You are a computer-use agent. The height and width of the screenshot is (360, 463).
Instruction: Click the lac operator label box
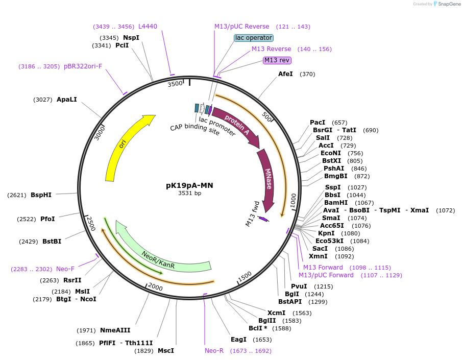point(254,38)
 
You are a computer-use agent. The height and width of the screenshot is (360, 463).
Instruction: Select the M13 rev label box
point(277,60)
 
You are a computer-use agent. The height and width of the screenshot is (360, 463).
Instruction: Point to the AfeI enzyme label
point(285,74)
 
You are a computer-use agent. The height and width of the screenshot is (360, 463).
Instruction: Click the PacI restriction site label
point(318,123)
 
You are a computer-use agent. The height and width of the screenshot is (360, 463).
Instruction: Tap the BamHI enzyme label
point(336,203)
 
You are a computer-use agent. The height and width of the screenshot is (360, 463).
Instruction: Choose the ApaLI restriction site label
point(67,100)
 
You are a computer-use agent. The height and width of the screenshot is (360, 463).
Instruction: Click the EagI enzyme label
point(238,340)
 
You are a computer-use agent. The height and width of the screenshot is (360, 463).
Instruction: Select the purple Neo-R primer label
point(214,351)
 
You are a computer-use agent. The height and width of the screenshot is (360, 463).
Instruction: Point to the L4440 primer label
point(148,27)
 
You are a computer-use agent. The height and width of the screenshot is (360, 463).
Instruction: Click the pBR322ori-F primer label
point(83,66)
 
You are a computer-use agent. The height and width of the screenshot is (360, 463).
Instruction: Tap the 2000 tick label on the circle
point(155,288)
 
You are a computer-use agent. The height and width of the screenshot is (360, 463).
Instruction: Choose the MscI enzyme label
point(165,351)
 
